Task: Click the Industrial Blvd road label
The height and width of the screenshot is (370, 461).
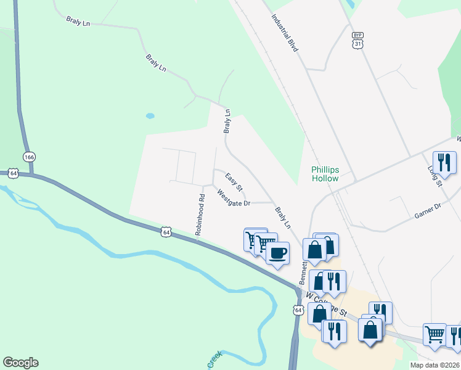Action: point(285,33)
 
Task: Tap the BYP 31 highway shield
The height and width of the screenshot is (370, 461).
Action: point(358,40)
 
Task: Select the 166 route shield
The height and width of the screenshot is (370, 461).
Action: point(29,157)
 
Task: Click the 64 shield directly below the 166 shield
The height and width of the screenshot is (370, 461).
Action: point(13,174)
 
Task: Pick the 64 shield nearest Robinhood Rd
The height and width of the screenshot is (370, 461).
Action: point(165,231)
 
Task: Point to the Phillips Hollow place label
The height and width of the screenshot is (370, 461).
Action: point(325,174)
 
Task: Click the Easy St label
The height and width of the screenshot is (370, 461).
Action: point(234,181)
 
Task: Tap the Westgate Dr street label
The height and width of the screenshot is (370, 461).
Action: point(234,198)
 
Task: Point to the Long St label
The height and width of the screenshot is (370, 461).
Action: point(435,175)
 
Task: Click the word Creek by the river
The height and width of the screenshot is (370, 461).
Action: point(214,360)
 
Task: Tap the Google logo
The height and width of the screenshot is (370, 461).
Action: point(20,363)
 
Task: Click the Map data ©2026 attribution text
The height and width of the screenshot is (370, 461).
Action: point(434,365)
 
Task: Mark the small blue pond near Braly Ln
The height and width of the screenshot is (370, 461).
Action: point(150,115)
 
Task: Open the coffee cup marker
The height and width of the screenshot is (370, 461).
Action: point(278,252)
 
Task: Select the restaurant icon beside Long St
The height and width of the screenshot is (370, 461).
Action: point(444,162)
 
